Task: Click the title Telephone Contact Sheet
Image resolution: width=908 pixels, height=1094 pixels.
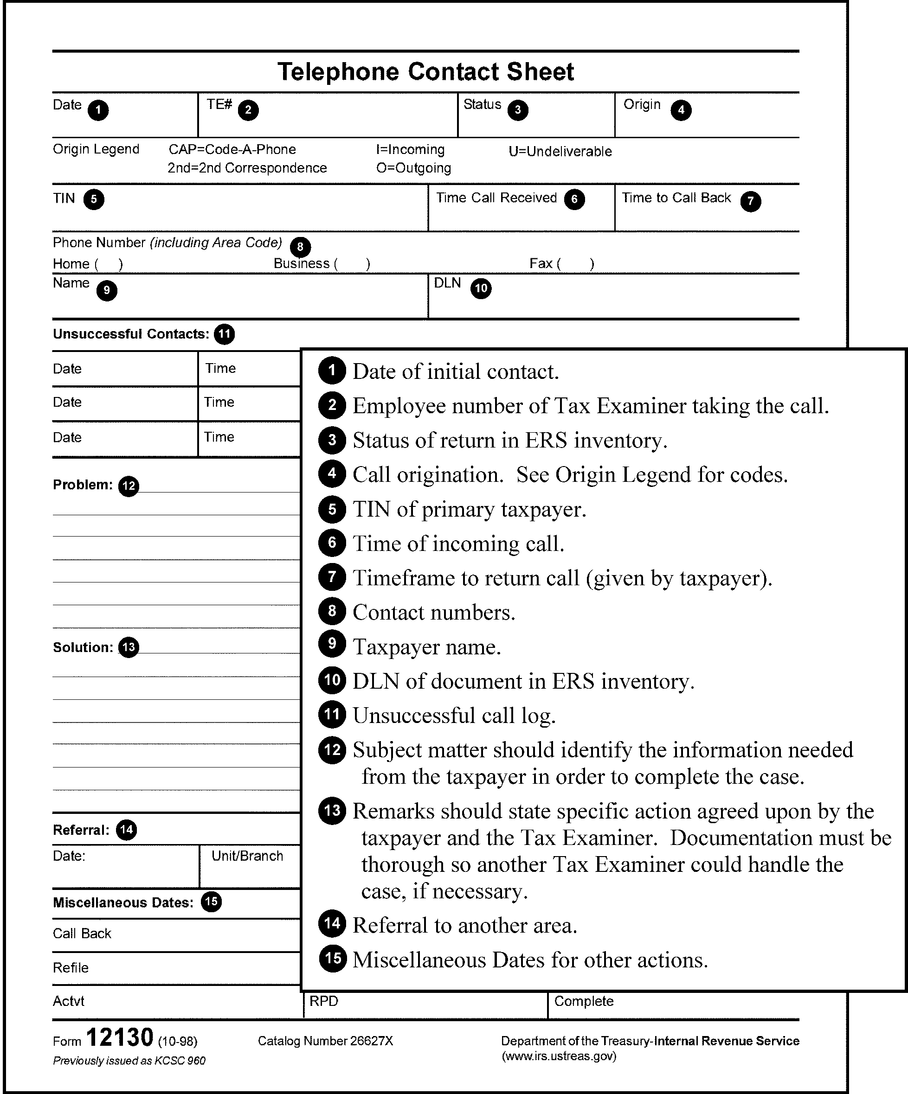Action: pos(425,72)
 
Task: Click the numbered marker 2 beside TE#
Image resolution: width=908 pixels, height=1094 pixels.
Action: pos(248,110)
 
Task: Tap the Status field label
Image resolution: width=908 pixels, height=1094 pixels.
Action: pos(482,104)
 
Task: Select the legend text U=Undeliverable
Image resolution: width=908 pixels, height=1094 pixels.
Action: pos(560,152)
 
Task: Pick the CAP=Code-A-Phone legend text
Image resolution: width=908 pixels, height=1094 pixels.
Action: pos(232,149)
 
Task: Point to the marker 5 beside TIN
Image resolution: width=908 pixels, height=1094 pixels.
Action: pos(94,199)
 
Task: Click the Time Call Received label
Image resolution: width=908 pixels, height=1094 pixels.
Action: pos(496,198)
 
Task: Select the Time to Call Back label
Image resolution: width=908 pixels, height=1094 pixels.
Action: pos(676,198)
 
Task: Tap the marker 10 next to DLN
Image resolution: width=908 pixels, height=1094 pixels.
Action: pos(481,288)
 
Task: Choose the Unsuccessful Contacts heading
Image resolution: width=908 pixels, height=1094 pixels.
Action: pos(130,334)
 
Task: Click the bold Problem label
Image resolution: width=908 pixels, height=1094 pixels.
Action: pos(83,485)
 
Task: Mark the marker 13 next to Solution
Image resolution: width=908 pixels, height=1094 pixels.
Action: pos(128,647)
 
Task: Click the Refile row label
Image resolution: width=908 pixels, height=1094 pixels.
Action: pos(71,968)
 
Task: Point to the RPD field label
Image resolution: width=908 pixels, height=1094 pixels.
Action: pos(324,1001)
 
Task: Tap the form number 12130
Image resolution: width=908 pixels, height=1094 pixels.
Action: pos(119,1037)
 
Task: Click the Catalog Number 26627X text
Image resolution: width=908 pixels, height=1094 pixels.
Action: pos(325,1041)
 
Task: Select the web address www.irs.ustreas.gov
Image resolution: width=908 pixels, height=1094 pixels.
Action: pos(559,1056)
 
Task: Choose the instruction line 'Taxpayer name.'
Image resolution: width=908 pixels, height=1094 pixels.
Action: pos(426,647)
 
